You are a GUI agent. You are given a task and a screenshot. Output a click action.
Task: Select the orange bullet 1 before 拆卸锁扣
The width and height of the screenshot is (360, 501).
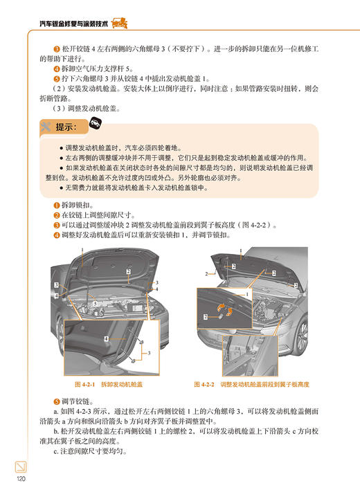(x=57, y=206)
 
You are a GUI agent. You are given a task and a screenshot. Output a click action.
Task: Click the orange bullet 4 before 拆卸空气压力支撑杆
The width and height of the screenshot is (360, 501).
(x=57, y=70)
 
